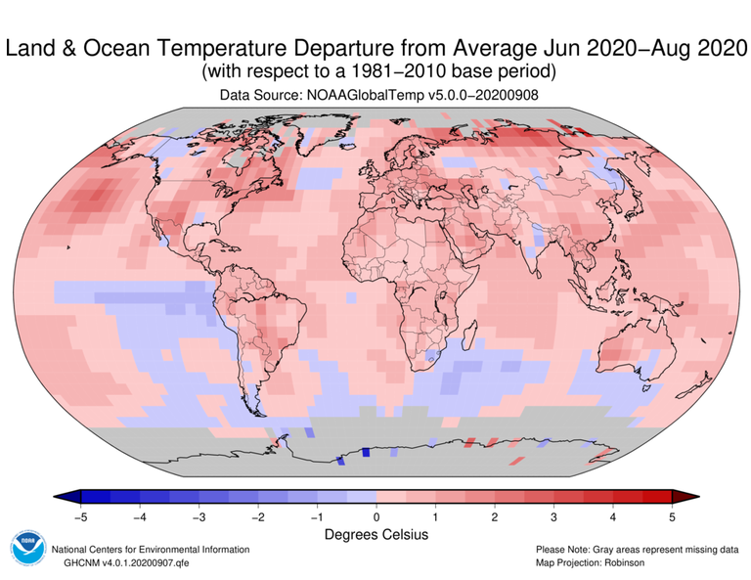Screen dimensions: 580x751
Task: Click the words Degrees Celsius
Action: [375, 535]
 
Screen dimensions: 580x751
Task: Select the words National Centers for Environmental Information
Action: [151, 550]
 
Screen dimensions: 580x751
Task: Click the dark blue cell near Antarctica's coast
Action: [366, 452]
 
